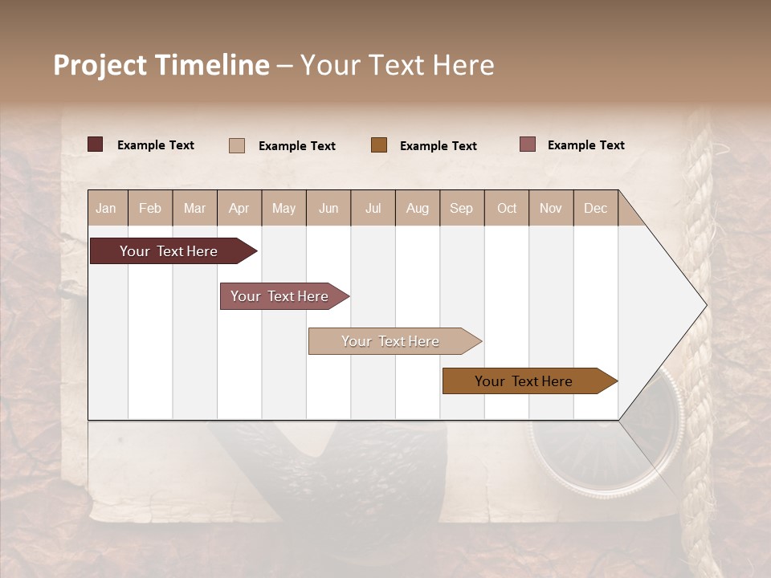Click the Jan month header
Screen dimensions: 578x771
pos(106,209)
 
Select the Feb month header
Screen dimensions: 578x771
pos(150,209)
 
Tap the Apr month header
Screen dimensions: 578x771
pos(239,209)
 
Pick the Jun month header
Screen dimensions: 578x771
pos(328,209)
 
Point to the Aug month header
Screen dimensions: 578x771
pos(417,209)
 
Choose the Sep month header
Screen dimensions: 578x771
pos(461,209)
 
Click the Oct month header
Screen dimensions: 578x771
pos(507,209)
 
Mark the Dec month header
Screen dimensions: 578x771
pos(595,209)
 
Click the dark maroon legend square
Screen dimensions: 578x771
pos(96,144)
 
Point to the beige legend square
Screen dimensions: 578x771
pos(237,145)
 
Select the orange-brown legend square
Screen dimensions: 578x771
pos(379,145)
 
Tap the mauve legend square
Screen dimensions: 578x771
pos(528,144)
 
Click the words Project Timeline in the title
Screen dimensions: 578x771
pos(161,65)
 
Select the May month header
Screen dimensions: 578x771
pos(284,209)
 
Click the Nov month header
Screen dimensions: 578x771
pos(551,209)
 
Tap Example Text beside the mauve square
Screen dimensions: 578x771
pos(585,145)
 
